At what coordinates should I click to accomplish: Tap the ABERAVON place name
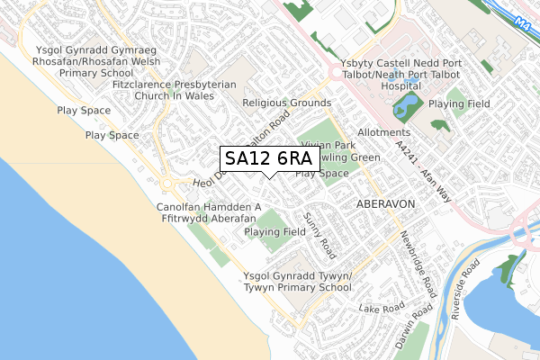(x=386, y=204)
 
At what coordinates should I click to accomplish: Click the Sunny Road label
(x=318, y=231)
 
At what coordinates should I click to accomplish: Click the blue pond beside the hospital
(x=405, y=107)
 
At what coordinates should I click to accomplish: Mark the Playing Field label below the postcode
(x=275, y=231)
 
